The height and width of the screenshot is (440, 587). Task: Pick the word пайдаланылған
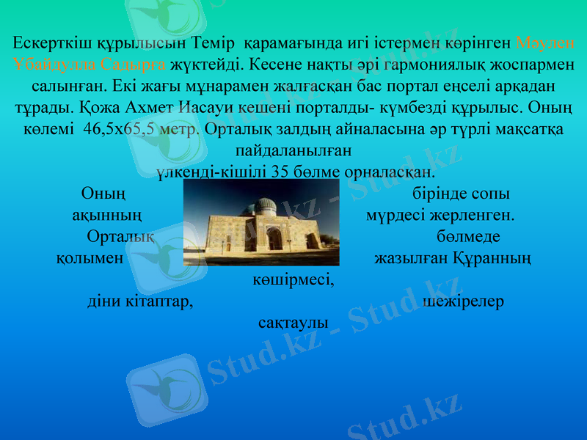[x=293, y=152]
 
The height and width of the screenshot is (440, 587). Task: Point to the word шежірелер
[x=464, y=301]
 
